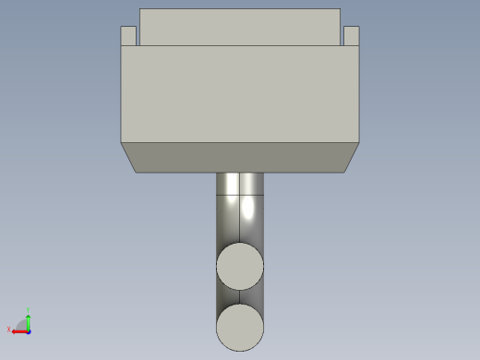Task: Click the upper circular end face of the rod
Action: tap(240, 268)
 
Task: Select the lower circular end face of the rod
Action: tap(240, 328)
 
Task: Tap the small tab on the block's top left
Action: tap(129, 36)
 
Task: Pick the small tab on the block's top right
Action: tap(351, 36)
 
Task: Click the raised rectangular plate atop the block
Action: tap(240, 27)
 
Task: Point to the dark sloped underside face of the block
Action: tap(240, 158)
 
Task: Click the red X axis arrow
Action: tap(18, 330)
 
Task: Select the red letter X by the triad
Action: tap(9, 330)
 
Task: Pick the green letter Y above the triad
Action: tap(29, 310)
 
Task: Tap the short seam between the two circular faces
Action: tap(240, 297)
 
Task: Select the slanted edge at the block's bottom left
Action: tap(128, 157)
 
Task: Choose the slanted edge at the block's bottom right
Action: tap(352, 157)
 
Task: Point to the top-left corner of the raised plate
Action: tap(139, 9)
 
